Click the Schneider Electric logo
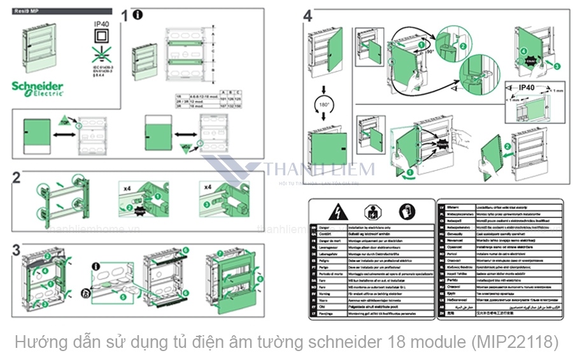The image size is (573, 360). coord(38,88)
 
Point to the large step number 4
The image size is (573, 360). coord(308,16)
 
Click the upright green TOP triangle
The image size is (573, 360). coord(66,120)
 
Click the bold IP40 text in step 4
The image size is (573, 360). coord(527,88)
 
